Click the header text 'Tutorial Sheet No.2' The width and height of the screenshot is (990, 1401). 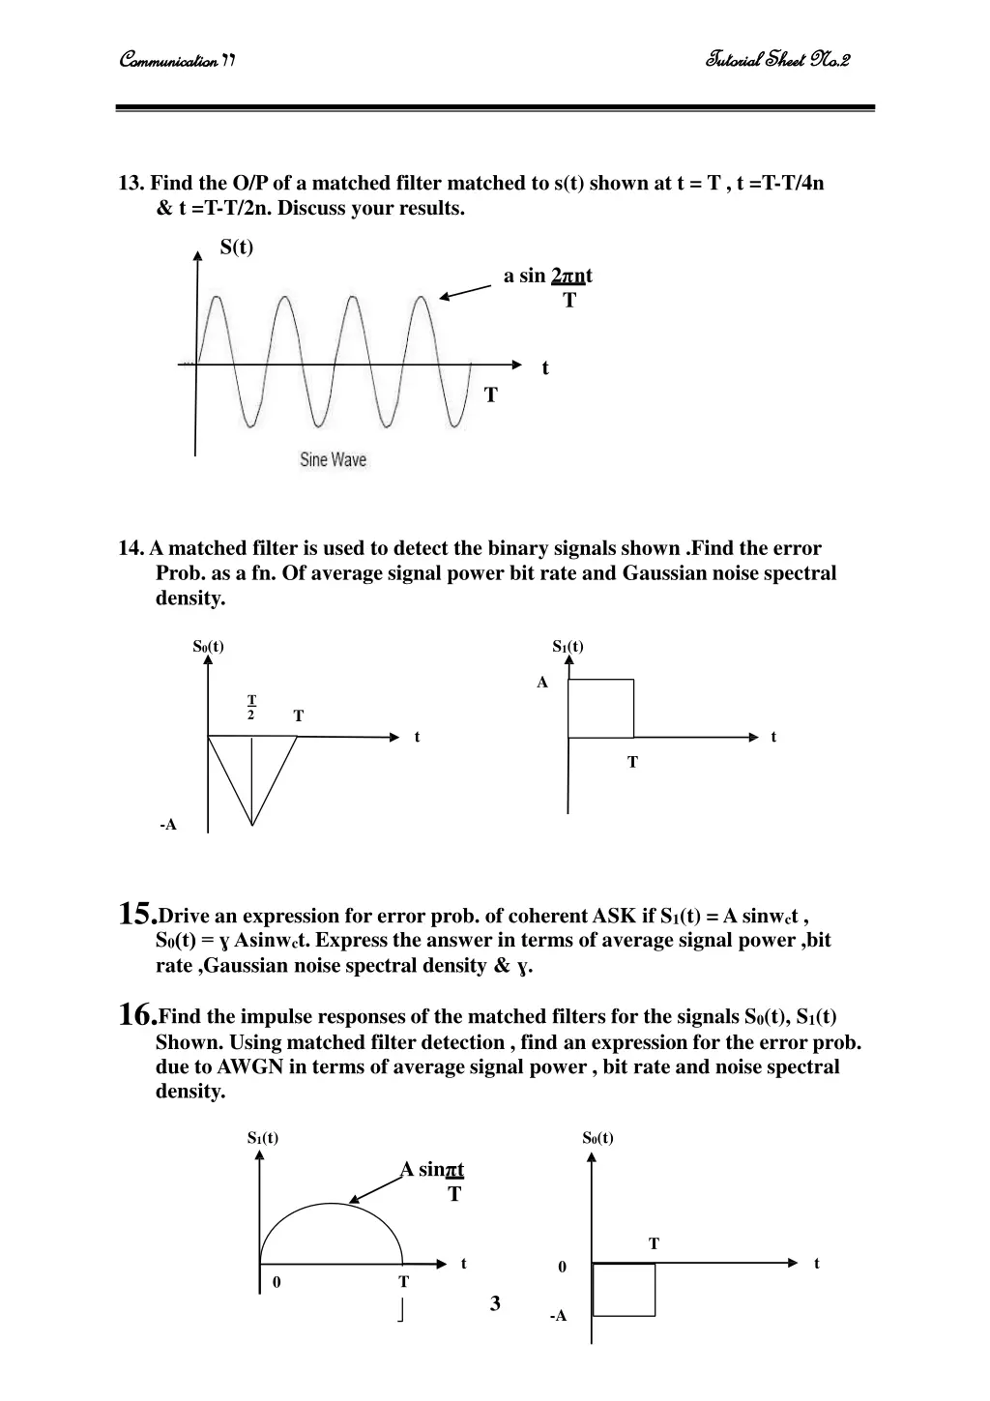pyautogui.click(x=777, y=61)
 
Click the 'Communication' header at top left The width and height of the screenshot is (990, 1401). pyautogui.click(x=177, y=61)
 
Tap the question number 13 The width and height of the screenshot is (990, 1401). pyautogui.click(x=131, y=184)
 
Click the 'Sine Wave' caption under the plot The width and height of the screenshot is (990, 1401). pyautogui.click(x=333, y=460)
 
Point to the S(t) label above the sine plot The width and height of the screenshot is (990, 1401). pyautogui.click(x=236, y=248)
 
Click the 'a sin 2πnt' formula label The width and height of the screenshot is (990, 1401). pyautogui.click(x=548, y=277)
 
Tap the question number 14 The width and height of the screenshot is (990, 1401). pyautogui.click(x=131, y=549)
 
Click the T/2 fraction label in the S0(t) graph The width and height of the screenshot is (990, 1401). pyautogui.click(x=251, y=707)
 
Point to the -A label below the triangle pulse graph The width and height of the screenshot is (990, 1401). pyautogui.click(x=168, y=825)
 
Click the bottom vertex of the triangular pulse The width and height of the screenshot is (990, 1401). pyautogui.click(x=252, y=825)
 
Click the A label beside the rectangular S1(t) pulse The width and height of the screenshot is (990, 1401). pyautogui.click(x=542, y=683)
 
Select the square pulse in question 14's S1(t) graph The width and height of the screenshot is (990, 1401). pyautogui.click(x=600, y=709)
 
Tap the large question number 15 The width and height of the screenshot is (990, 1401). pyautogui.click(x=135, y=913)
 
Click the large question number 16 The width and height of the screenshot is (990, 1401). pyautogui.click(x=135, y=1013)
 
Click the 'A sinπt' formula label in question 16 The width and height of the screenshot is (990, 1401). pyautogui.click(x=432, y=1170)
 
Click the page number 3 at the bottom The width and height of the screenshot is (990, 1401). pyautogui.click(x=495, y=1303)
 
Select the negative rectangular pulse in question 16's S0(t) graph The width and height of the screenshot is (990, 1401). pyautogui.click(x=624, y=1289)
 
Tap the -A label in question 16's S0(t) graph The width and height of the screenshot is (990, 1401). pyautogui.click(x=558, y=1316)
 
